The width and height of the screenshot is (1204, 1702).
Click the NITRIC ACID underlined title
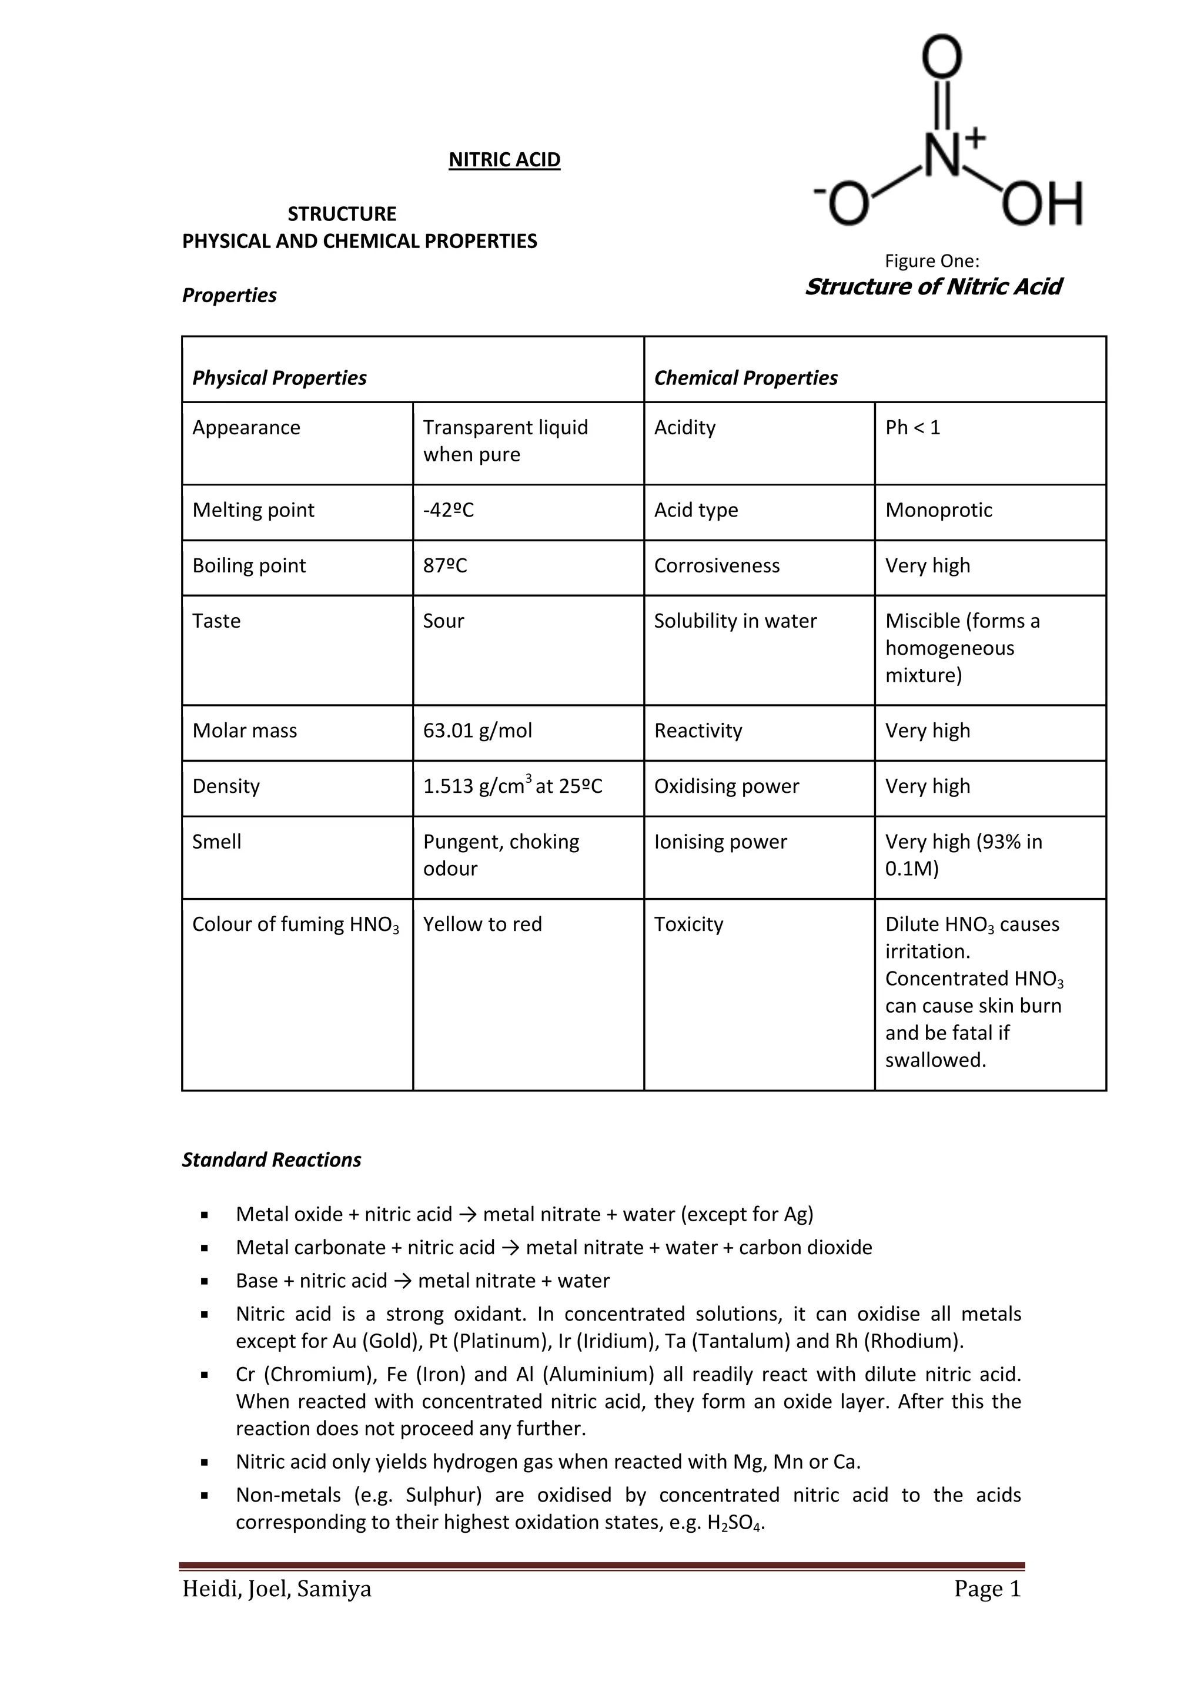[504, 159]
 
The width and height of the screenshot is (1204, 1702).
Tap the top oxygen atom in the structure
[942, 56]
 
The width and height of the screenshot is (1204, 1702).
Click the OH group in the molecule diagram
[1042, 204]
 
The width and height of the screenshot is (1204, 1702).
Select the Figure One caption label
[931, 261]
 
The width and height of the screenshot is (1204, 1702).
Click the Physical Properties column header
[279, 378]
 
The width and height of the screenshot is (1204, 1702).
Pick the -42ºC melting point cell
[448, 510]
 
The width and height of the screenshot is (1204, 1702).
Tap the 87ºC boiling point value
[445, 565]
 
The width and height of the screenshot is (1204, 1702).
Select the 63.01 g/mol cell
[477, 731]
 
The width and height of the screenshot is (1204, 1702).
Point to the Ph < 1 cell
[912, 428]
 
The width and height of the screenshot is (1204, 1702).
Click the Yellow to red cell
[482, 924]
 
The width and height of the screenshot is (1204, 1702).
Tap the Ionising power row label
[720, 842]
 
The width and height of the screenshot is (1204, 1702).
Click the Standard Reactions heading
[272, 1160]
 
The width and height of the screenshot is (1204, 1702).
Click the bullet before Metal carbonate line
[205, 1248]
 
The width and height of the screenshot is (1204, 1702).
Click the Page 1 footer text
[987, 1589]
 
